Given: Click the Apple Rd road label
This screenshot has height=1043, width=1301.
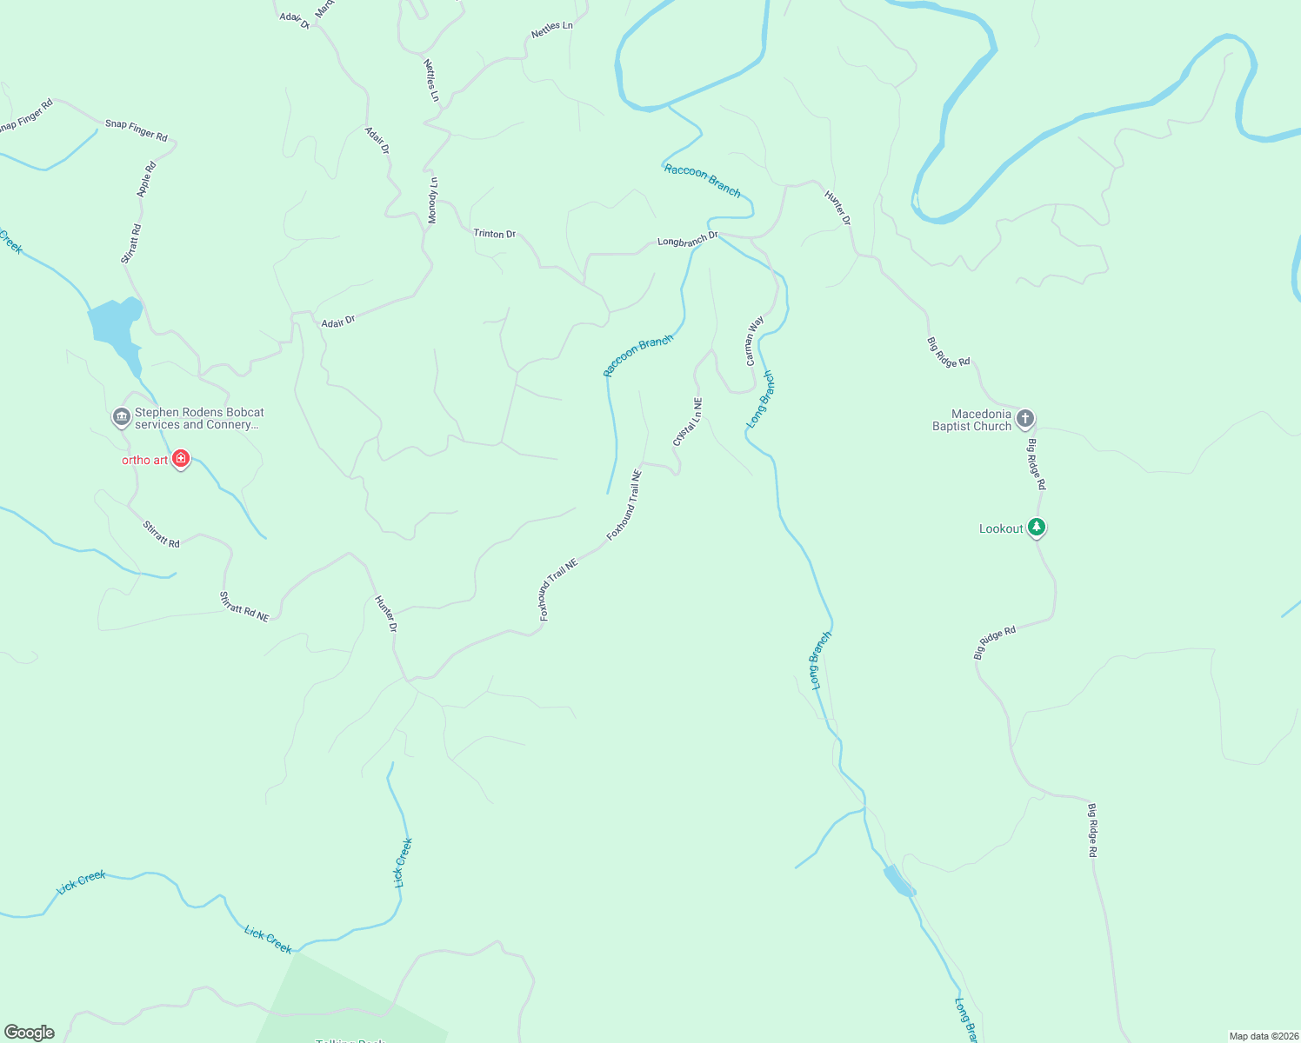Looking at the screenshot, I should [x=146, y=179].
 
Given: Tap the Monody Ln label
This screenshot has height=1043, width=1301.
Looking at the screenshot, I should [x=433, y=200].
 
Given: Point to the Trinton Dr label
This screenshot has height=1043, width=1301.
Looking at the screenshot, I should [x=494, y=234].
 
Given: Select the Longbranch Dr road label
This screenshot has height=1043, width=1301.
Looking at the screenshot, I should [x=687, y=238].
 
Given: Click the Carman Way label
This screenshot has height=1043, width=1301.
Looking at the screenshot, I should [x=754, y=340].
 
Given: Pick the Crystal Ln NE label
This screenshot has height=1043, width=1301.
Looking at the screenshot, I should [x=687, y=422].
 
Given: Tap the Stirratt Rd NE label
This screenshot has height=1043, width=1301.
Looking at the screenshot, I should [x=244, y=606].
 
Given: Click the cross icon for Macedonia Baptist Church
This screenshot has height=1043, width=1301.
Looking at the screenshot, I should [x=1025, y=420].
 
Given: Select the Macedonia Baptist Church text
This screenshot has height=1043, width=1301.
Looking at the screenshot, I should [x=971, y=420].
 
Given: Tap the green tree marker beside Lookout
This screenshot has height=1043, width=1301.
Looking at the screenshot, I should [x=1036, y=527].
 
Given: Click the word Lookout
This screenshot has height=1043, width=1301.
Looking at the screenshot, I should [x=1001, y=528].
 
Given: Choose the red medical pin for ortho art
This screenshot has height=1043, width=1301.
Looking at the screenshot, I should [x=181, y=458].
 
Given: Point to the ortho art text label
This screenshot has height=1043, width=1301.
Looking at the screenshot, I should [x=144, y=460].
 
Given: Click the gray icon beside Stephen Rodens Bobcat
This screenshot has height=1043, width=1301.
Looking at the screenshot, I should [x=122, y=418].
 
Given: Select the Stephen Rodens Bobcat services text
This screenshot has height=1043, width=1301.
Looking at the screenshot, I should [x=199, y=418].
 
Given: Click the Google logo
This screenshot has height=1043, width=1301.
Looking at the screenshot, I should [x=30, y=1033].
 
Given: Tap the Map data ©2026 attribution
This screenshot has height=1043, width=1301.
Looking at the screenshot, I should [x=1264, y=1036].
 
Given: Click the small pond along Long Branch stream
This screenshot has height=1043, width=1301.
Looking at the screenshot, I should [x=898, y=881].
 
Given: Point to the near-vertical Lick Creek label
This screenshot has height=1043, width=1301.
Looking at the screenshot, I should [x=403, y=862].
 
